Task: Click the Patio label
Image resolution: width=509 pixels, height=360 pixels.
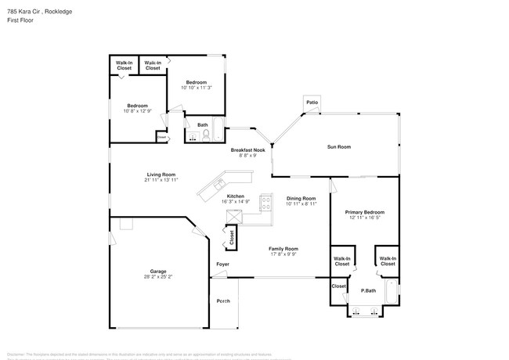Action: (x=312, y=102)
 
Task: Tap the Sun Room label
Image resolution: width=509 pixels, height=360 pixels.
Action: (x=338, y=146)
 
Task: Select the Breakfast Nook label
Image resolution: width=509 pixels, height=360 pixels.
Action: (x=247, y=149)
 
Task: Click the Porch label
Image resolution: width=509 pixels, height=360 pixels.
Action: (x=223, y=301)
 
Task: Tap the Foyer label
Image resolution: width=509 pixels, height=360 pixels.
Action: (x=223, y=265)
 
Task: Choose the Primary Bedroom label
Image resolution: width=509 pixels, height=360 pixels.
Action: (x=364, y=211)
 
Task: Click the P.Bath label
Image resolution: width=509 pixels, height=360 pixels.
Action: (x=365, y=291)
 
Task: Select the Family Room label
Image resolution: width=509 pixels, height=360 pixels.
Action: (x=283, y=248)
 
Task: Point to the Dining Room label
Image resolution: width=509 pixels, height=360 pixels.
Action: (x=301, y=198)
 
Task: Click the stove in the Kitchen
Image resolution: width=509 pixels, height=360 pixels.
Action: (x=265, y=205)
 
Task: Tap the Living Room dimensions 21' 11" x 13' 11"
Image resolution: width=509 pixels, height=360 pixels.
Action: (x=160, y=180)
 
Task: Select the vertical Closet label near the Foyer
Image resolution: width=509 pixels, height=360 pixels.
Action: (x=232, y=237)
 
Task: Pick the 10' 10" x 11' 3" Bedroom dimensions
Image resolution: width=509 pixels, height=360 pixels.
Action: (x=196, y=88)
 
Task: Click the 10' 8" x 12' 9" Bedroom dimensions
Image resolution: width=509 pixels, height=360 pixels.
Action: (x=138, y=110)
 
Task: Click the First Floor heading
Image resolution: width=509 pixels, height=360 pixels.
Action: (x=20, y=20)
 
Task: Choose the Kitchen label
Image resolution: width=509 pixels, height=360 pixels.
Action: (x=235, y=196)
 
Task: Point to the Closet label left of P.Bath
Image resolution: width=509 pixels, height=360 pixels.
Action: (x=338, y=286)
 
